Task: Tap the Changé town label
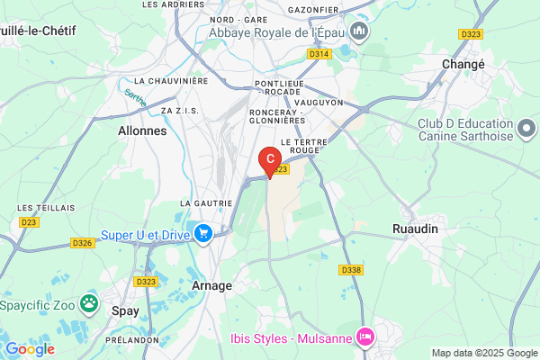click(x=463, y=65)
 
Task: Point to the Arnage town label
click(x=212, y=285)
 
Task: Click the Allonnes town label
click(x=142, y=130)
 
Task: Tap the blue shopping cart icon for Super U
click(x=203, y=234)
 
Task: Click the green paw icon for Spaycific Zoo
click(x=89, y=303)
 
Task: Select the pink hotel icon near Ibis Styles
click(x=365, y=337)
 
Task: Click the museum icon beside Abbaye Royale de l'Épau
click(x=360, y=33)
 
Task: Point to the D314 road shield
click(x=318, y=54)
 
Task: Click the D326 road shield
click(x=83, y=243)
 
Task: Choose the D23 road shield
click(x=29, y=220)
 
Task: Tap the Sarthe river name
click(x=134, y=97)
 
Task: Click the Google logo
click(x=30, y=349)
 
